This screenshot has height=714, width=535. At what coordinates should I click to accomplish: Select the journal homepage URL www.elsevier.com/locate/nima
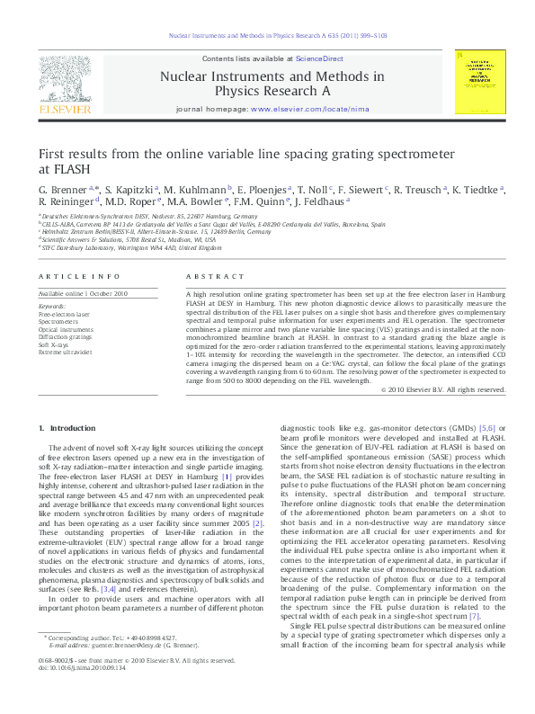[300, 108]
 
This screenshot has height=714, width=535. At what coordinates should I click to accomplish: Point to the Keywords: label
[51, 307]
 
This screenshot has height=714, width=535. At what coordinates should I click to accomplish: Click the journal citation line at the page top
[267, 36]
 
